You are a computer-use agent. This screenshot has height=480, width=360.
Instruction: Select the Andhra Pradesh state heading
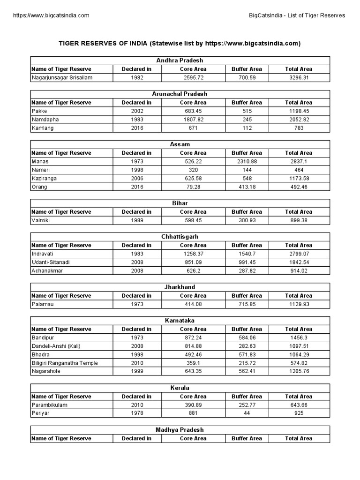(180, 60)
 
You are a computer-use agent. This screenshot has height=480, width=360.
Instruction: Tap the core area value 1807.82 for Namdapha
(193, 120)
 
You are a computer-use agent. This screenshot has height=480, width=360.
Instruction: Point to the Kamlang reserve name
(42, 128)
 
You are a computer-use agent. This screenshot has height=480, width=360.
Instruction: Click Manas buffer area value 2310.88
(247, 161)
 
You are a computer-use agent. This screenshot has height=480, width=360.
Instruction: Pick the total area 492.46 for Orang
(299, 187)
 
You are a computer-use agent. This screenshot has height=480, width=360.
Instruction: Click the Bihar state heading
(180, 203)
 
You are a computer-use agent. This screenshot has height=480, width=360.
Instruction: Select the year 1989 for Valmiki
(136, 220)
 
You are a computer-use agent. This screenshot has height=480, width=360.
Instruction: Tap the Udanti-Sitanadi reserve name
(50, 262)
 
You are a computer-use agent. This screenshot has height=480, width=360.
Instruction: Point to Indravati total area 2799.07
(299, 254)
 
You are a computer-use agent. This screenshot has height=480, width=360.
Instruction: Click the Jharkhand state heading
(180, 287)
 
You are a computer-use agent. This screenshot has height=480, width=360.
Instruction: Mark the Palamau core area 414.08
(193, 304)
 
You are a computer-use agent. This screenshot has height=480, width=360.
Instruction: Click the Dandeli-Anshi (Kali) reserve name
(55, 346)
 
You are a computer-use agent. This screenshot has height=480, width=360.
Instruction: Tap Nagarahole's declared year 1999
(136, 371)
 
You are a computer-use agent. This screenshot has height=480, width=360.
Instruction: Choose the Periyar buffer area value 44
(247, 413)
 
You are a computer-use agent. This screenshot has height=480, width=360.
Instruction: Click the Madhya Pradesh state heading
(180, 430)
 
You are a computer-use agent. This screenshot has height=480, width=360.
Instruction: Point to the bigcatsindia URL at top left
(52, 15)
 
